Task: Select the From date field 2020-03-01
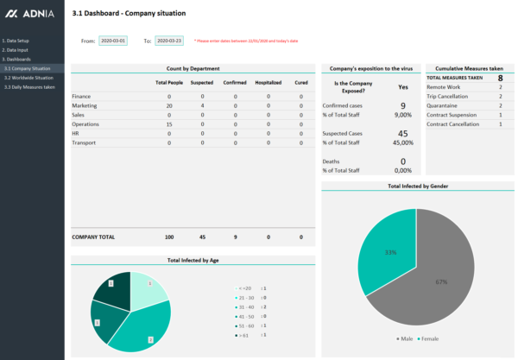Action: point(113,41)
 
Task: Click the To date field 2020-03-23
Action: point(169,41)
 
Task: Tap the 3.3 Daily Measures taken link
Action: point(30,87)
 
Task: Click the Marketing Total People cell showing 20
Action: point(169,106)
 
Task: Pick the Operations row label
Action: point(85,124)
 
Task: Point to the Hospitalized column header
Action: point(268,83)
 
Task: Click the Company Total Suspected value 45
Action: point(202,237)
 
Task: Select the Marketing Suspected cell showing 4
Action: point(202,106)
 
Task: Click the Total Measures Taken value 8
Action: point(500,78)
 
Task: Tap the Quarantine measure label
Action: point(443,105)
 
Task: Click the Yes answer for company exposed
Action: point(403,87)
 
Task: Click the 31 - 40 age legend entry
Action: point(245,306)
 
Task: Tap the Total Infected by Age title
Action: point(193,260)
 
